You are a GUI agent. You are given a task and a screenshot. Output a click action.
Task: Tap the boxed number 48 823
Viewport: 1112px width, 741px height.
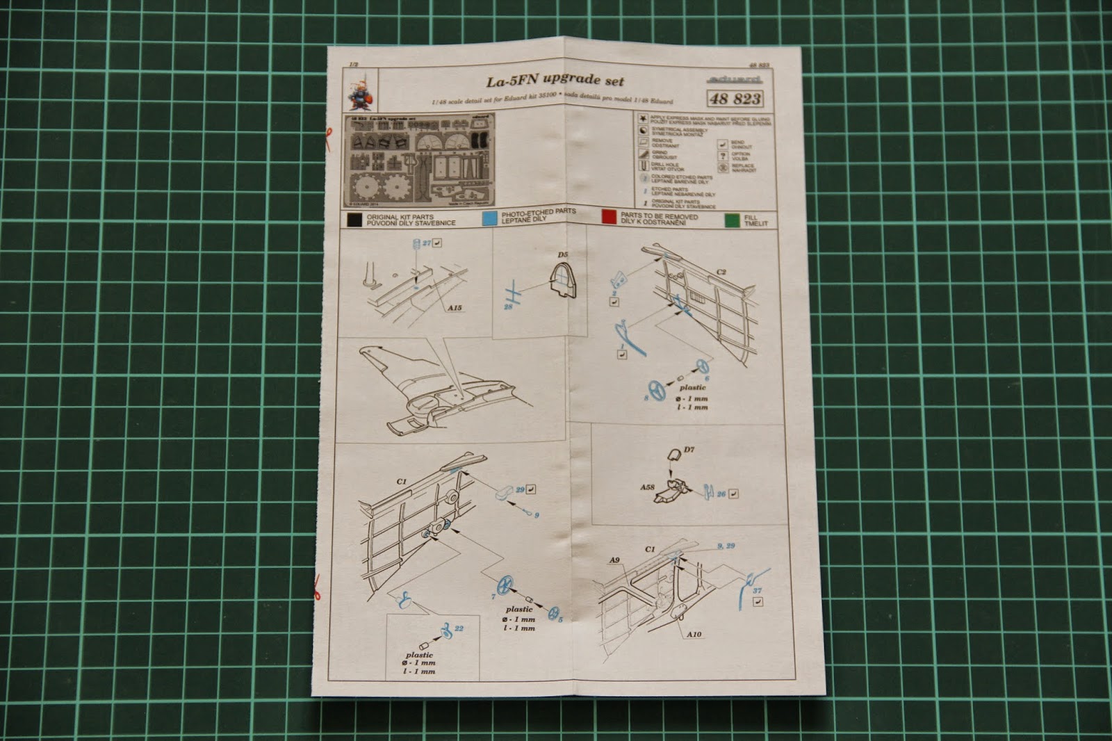tap(735, 99)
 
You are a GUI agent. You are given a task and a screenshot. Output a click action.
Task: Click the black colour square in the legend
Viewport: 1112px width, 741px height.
tap(354, 220)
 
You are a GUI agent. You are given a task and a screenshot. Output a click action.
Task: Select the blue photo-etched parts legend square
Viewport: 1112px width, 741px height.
tap(490, 217)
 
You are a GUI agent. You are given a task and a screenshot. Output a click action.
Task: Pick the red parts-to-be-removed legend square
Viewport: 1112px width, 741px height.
tap(609, 217)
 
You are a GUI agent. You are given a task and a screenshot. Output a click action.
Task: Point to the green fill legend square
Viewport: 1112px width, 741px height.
tap(731, 220)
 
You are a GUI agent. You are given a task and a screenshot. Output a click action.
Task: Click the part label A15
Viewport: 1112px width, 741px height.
tap(455, 307)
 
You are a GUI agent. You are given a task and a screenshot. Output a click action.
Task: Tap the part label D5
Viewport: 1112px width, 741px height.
tap(562, 255)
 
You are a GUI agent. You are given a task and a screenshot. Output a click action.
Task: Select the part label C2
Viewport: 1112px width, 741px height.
tap(721, 272)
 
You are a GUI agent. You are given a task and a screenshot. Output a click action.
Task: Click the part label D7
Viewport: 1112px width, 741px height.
tap(689, 450)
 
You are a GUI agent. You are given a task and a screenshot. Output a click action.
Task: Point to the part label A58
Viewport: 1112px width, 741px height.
tap(648, 487)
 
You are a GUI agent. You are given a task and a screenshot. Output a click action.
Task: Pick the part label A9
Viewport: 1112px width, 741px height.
tap(614, 560)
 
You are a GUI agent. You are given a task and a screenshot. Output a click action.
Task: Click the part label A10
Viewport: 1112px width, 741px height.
tap(694, 634)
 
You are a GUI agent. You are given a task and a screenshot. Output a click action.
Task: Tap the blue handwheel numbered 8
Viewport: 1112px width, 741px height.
tap(657, 391)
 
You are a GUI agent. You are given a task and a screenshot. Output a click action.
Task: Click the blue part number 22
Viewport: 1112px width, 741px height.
tap(458, 628)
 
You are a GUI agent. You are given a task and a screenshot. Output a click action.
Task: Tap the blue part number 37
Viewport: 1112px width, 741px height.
tap(757, 591)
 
